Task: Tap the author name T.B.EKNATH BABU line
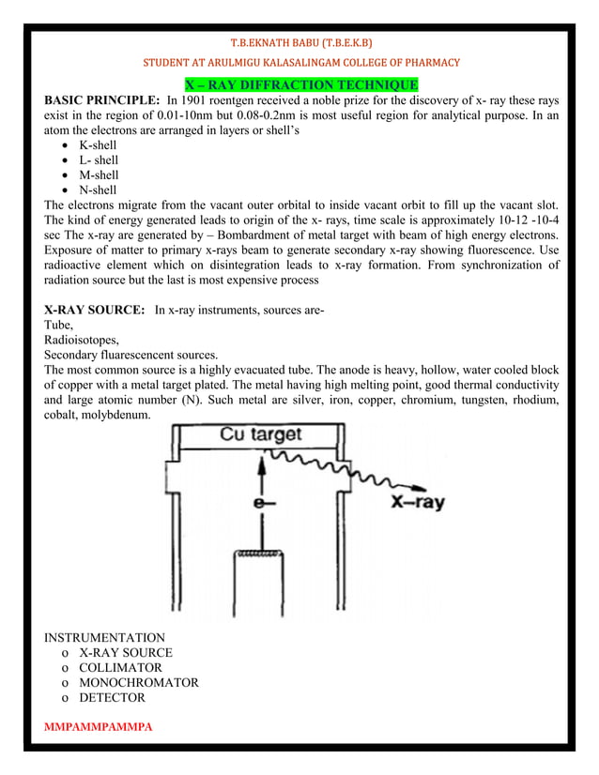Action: (300, 42)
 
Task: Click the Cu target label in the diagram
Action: (261, 434)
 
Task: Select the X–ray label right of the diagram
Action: (418, 502)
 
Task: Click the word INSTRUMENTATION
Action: (103, 637)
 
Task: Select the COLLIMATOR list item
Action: (120, 667)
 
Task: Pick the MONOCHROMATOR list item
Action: (138, 682)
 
